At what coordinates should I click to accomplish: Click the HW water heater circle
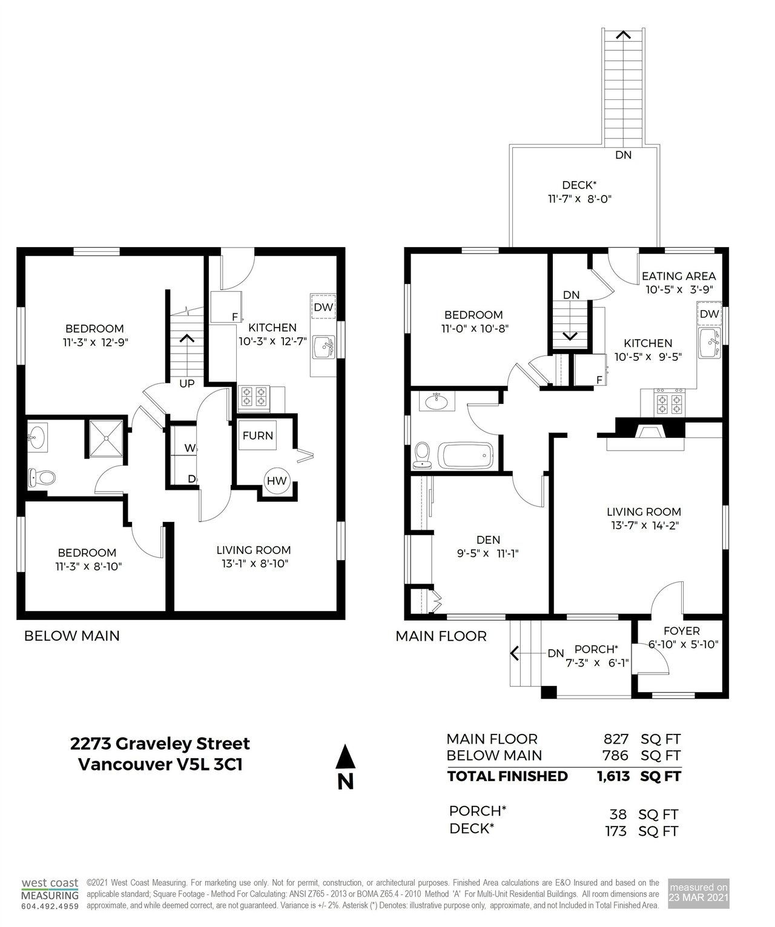tap(277, 480)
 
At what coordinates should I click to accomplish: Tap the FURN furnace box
tap(257, 435)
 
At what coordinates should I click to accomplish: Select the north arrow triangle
tap(345, 756)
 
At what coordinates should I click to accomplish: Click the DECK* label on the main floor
tap(579, 185)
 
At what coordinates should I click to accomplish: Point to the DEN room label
tap(488, 540)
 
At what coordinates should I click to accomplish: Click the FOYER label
tap(681, 631)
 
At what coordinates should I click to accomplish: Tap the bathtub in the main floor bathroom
tap(466, 455)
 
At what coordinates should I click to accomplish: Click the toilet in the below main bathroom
tap(41, 478)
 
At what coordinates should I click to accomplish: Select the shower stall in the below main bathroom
tap(106, 438)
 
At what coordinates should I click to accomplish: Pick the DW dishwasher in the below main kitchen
tap(323, 306)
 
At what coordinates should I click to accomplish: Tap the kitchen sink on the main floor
tap(710, 342)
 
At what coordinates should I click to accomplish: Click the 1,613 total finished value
tap(613, 776)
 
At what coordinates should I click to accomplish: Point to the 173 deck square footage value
tap(616, 831)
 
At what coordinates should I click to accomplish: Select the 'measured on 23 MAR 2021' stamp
tap(698, 893)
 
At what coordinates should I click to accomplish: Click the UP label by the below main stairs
tap(187, 383)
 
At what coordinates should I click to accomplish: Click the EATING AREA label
tap(678, 275)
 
